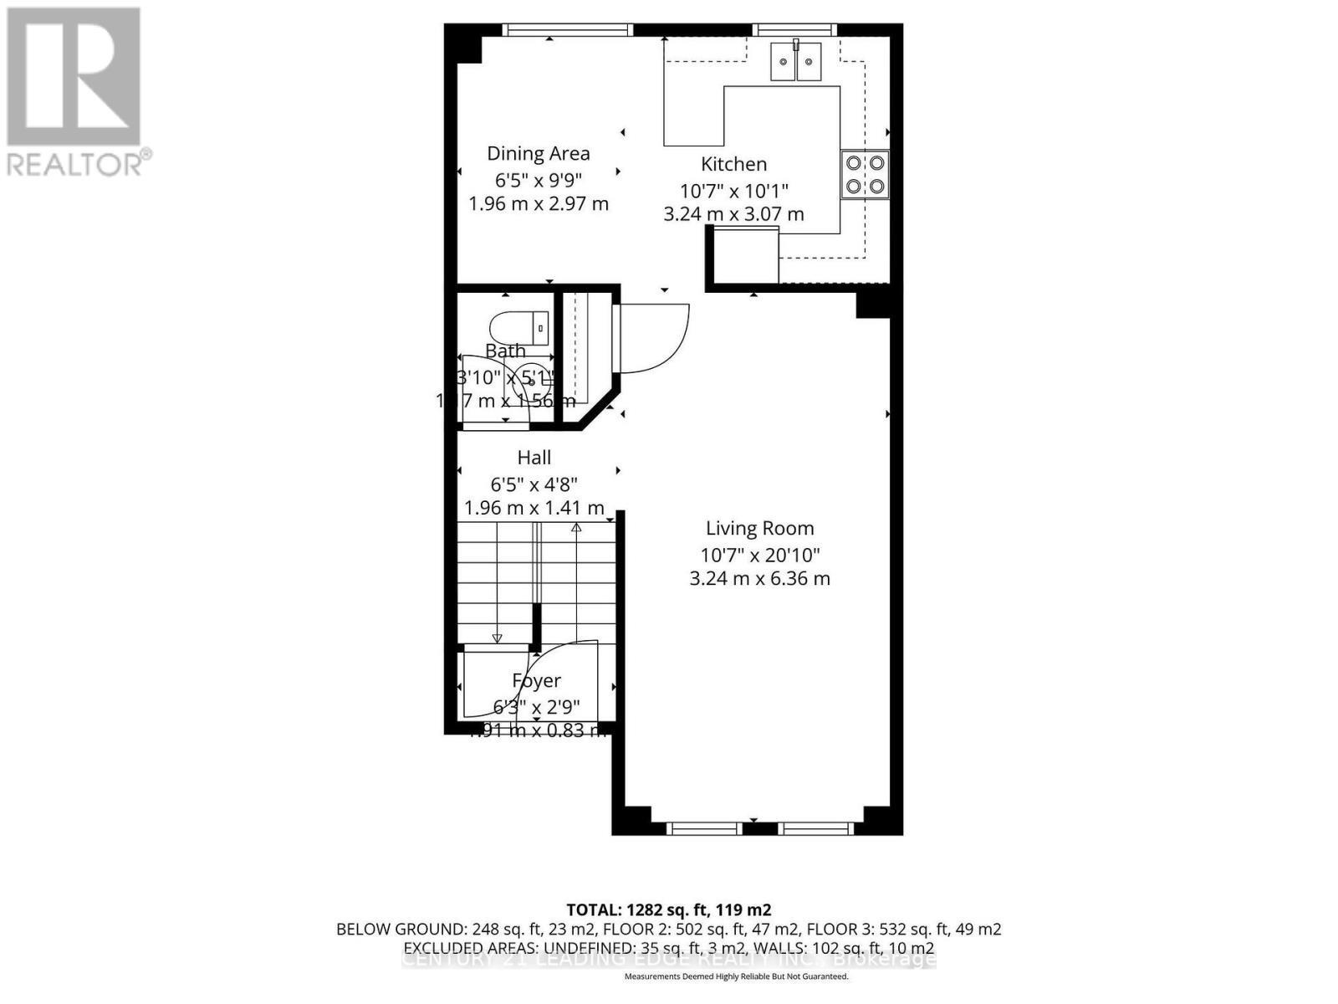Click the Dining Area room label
[x=539, y=153]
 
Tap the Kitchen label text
[x=733, y=164]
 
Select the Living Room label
[x=759, y=528]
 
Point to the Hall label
[x=534, y=458]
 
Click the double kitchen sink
[x=795, y=61]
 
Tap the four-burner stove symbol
[x=865, y=174]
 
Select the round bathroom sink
[x=531, y=382]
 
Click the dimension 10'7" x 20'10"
[x=759, y=554]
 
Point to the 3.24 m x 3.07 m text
[x=733, y=214]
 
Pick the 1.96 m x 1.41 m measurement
[x=534, y=508]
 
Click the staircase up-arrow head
[x=576, y=527]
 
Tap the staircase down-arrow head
[x=497, y=639]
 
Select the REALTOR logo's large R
[x=74, y=77]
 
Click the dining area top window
[x=568, y=29]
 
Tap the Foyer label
[x=536, y=681]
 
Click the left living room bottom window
[x=704, y=828]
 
